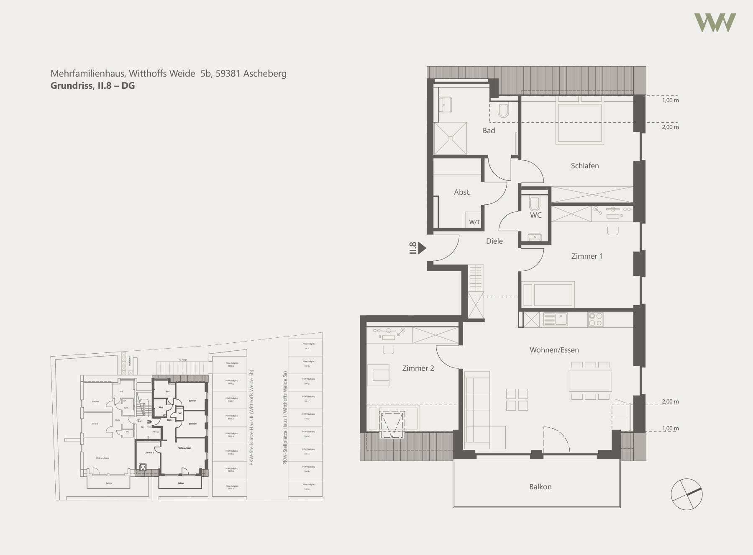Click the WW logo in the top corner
click(x=715, y=23)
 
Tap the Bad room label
click(x=489, y=131)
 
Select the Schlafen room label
click(x=584, y=166)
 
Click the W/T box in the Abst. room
click(x=474, y=221)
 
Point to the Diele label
click(x=494, y=241)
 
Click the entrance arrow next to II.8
click(x=422, y=248)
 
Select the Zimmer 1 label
click(x=587, y=256)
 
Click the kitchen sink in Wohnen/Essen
click(x=556, y=319)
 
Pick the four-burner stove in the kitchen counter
click(x=596, y=319)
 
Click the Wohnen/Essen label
click(x=554, y=350)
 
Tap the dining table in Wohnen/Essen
click(x=590, y=380)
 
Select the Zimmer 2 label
click(x=417, y=368)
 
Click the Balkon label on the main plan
click(x=540, y=487)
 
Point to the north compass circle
click(x=686, y=494)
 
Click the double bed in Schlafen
click(x=579, y=123)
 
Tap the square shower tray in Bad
click(x=450, y=138)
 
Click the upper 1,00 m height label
click(x=670, y=100)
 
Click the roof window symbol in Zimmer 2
click(x=392, y=424)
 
